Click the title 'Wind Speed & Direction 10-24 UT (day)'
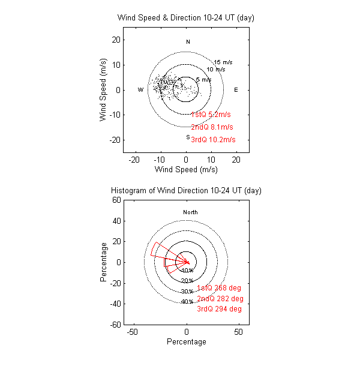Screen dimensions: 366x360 (x=186, y=18)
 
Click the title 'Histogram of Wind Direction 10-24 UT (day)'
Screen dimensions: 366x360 (x=186, y=190)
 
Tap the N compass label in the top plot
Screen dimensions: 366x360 (x=188, y=42)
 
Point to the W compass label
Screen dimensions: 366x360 (x=140, y=90)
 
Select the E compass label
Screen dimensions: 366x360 (x=236, y=90)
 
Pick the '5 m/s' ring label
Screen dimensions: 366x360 (x=203, y=80)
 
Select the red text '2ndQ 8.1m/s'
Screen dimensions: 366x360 (x=212, y=127)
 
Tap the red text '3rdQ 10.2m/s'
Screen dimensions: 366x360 (x=213, y=140)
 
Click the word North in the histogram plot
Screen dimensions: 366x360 (x=190, y=212)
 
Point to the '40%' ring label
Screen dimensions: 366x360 (x=187, y=302)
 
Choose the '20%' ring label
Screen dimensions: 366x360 (x=187, y=281)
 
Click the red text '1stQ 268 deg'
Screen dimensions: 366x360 (x=220, y=288)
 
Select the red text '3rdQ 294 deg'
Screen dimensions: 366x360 (x=220, y=309)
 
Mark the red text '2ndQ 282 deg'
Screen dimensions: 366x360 (x=220, y=299)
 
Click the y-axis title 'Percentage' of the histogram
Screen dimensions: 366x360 (x=104, y=262)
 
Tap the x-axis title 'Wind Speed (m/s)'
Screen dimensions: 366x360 (x=186, y=170)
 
